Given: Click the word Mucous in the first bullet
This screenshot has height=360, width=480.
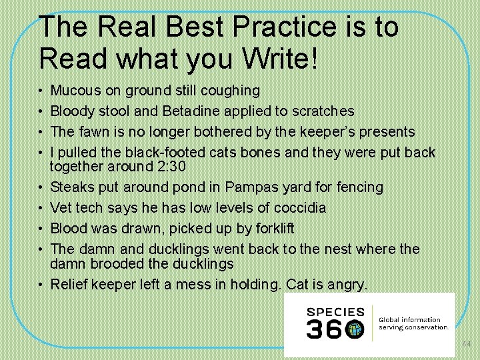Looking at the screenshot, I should point(74,90).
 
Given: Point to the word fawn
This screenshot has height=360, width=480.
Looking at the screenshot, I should point(92,131).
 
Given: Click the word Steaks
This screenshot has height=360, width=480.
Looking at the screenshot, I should point(71,187).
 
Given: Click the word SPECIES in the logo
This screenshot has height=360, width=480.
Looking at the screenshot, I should point(335,311).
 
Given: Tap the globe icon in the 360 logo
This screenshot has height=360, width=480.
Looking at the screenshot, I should point(355,329).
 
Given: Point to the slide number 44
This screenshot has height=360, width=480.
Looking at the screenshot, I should point(466,344).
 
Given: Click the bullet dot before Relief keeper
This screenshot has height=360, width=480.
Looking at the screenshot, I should point(42,285).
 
